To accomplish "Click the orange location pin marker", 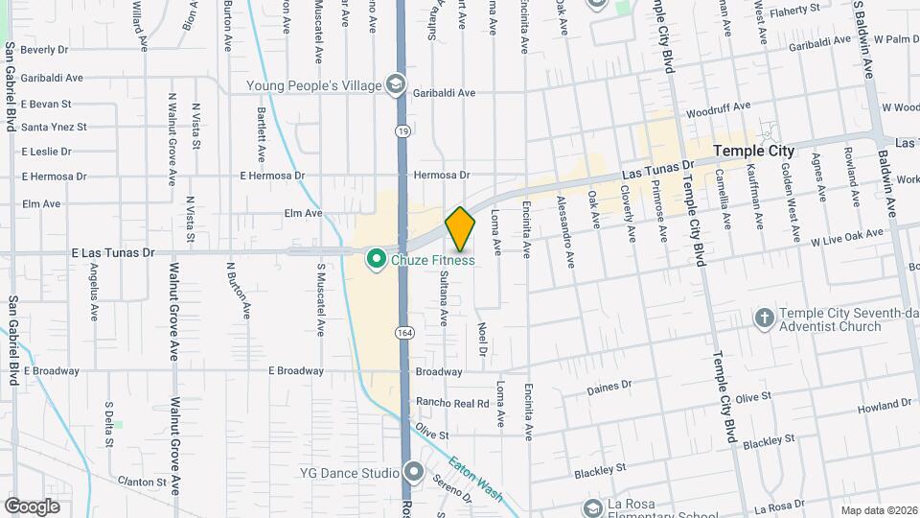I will click(x=460, y=229).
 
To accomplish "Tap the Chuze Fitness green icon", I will click(x=377, y=259).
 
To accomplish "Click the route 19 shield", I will click(x=403, y=130).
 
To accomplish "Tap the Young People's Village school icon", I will click(x=395, y=85).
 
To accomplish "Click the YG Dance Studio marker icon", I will click(x=414, y=472).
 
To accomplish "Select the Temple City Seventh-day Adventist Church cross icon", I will click(x=764, y=318).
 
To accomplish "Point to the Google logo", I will click(x=32, y=506).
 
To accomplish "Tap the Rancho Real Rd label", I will click(x=451, y=403).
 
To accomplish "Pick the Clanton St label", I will click(x=143, y=482).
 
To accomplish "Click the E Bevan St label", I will click(x=47, y=103).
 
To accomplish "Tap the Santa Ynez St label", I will click(x=54, y=127).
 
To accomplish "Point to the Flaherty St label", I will click(x=796, y=9).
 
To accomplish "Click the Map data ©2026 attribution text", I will click(x=879, y=510).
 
